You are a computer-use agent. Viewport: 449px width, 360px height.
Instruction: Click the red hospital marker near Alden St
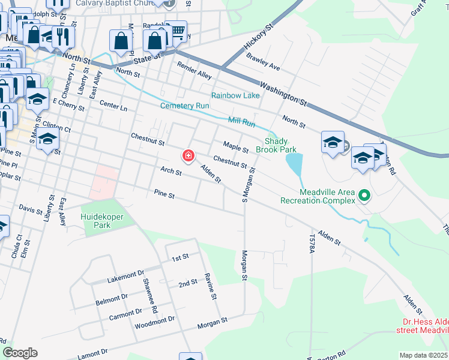188,157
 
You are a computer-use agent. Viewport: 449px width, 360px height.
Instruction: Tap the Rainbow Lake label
235,96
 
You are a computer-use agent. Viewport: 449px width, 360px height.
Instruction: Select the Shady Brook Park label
277,145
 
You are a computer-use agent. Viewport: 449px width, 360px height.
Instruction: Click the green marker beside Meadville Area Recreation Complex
363,195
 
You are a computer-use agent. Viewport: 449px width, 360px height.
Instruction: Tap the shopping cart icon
177,31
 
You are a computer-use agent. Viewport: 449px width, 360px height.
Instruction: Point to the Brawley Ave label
263,60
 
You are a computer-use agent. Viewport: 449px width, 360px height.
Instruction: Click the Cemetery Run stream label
184,106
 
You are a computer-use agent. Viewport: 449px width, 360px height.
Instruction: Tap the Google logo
20,353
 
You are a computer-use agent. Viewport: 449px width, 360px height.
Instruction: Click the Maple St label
235,146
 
